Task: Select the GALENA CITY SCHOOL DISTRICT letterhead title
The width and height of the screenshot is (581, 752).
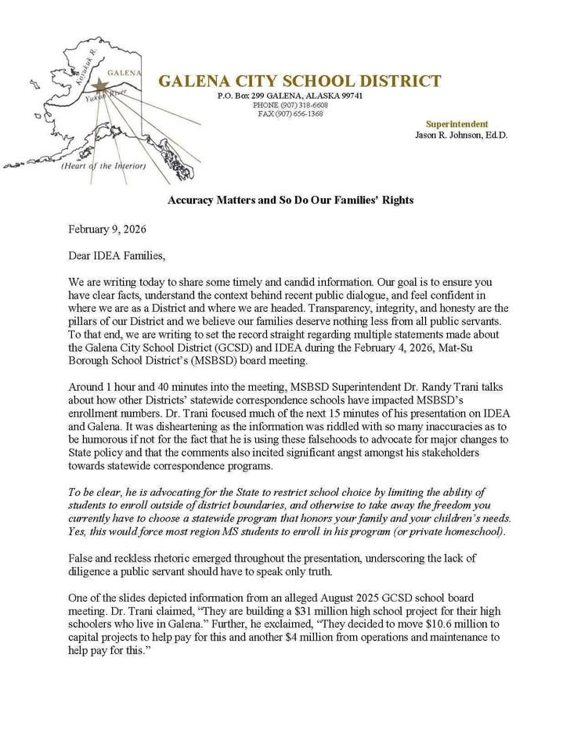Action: pos(299,81)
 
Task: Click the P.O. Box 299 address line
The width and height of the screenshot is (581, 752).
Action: pos(290,96)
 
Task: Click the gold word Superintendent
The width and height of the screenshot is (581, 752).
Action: pos(456,124)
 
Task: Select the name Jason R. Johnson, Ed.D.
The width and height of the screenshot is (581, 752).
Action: pos(461,135)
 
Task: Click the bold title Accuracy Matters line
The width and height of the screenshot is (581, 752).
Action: pos(290,200)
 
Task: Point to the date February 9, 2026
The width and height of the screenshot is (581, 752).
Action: pos(107,230)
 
